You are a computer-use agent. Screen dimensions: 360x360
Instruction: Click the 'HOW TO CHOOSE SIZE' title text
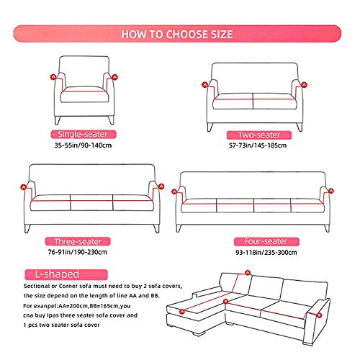tap(177, 34)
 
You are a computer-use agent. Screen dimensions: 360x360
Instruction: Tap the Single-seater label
tap(84, 134)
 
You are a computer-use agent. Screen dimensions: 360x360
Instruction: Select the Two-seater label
tap(259, 135)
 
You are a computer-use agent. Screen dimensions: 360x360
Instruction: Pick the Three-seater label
tap(78, 241)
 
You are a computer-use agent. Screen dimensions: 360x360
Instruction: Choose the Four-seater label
tap(266, 241)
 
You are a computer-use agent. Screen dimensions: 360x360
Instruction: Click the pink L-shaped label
tap(66, 274)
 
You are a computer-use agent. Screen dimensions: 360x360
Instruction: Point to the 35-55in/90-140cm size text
tap(83, 145)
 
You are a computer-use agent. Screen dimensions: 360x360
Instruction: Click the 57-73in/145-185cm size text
tap(258, 145)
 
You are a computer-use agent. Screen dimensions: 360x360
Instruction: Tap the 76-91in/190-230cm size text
tap(78, 252)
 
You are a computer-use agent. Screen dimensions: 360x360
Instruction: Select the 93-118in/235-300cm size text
tap(266, 253)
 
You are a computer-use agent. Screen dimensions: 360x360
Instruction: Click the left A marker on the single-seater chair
tap(53, 77)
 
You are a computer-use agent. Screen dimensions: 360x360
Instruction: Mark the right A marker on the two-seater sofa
tap(304, 85)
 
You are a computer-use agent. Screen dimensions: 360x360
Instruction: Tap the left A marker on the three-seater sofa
tap(23, 187)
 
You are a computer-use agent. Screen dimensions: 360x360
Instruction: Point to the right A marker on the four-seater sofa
tap(331, 191)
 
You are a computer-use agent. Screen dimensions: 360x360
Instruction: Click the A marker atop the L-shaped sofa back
tap(248, 273)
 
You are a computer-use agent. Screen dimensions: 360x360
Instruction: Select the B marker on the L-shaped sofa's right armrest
tap(319, 315)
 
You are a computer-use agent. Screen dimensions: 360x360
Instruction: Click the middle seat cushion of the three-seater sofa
tap(91, 202)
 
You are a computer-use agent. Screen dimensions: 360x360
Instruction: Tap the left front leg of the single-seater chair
tap(57, 120)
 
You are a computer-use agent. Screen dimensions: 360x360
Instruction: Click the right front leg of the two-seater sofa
tap(300, 127)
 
